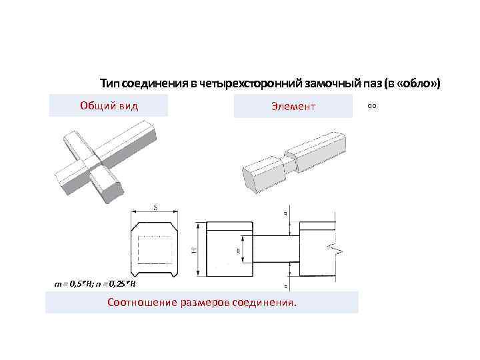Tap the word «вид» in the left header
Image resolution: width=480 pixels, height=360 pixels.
coord(129,105)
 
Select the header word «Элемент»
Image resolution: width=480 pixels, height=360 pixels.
coord(293,106)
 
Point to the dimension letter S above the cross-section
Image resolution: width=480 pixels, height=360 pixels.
coord(155,208)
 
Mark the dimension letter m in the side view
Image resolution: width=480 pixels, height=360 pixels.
coord(238,250)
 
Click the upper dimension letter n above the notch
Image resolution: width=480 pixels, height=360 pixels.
coord(286,213)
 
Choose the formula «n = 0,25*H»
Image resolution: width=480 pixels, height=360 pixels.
coord(113,284)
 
